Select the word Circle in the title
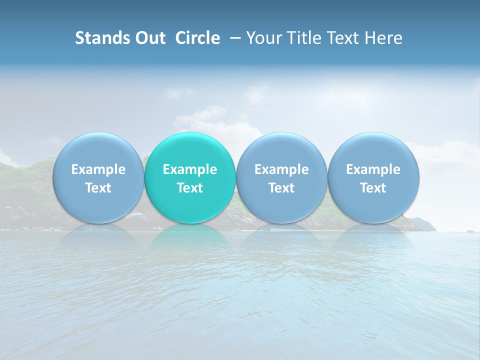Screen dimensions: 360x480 pyautogui.click(x=197, y=38)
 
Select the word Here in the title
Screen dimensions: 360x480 pyautogui.click(x=385, y=38)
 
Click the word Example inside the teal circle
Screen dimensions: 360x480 pyautogui.click(x=190, y=169)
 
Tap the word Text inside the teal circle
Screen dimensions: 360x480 pyautogui.click(x=190, y=188)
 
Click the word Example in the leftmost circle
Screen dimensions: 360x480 pyautogui.click(x=98, y=169)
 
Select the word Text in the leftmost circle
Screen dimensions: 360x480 pyautogui.click(x=98, y=188)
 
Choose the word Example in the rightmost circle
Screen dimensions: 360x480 pyautogui.click(x=373, y=169)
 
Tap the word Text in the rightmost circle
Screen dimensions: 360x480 pyautogui.click(x=373, y=188)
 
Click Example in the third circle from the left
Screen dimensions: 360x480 pyautogui.click(x=281, y=169)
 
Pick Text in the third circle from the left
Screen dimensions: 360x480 pyautogui.click(x=281, y=188)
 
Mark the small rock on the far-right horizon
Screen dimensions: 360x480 pyautogui.click(x=469, y=230)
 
